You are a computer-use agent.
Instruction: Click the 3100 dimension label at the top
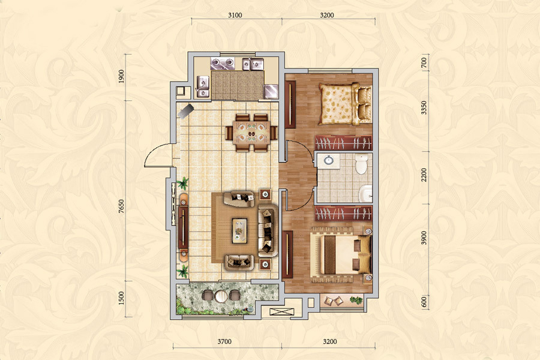tap(235, 15)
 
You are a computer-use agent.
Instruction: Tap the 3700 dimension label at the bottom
tap(224, 342)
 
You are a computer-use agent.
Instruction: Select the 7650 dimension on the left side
tap(121, 206)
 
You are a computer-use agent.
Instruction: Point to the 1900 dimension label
tap(121, 76)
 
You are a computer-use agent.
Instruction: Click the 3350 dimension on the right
tap(424, 108)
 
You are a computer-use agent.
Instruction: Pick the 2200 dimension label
tap(424, 175)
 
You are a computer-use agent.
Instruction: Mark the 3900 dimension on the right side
tap(424, 238)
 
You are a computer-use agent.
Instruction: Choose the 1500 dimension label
tap(121, 298)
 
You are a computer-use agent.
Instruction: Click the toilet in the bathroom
tap(361, 164)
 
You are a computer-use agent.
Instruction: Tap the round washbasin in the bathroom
tap(329, 160)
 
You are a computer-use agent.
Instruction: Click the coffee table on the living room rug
tap(239, 230)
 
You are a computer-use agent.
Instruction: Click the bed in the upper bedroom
tap(345, 104)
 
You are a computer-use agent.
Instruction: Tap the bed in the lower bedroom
tap(341, 254)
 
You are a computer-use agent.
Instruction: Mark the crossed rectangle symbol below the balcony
tap(282, 312)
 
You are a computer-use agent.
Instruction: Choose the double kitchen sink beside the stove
tap(253, 64)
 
